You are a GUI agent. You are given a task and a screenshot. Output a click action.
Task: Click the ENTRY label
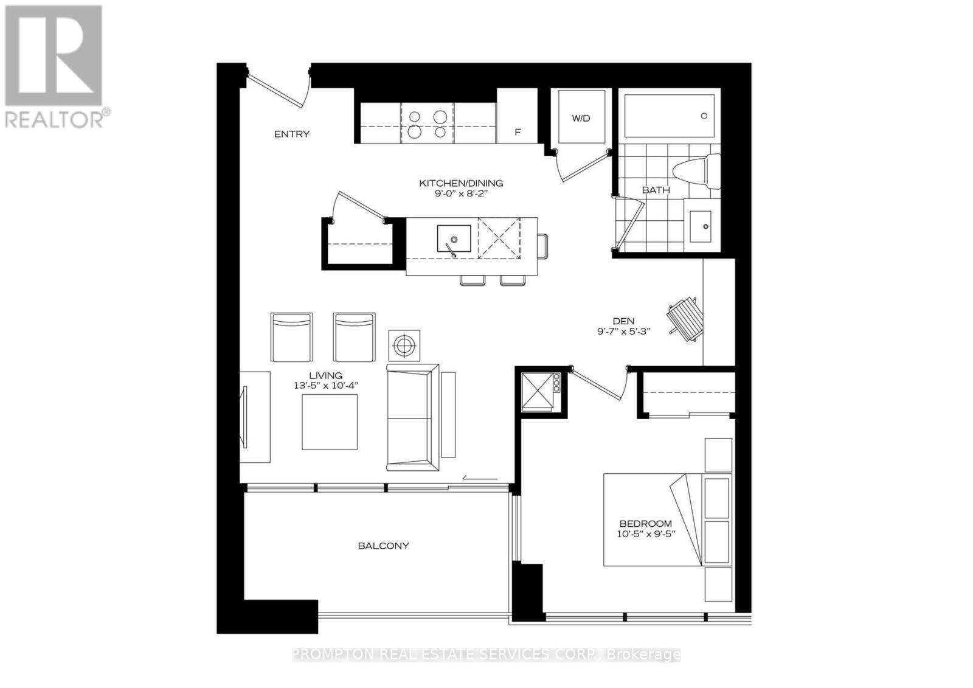[291, 134]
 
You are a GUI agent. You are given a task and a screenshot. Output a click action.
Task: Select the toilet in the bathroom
[697, 171]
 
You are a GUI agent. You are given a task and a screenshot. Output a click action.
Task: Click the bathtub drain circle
[704, 116]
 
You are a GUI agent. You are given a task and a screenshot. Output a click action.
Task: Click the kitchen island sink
[454, 238]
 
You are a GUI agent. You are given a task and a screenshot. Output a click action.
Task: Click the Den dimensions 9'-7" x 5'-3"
[623, 332]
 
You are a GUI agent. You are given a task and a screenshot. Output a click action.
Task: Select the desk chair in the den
[684, 316]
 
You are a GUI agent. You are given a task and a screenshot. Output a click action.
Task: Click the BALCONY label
[383, 546]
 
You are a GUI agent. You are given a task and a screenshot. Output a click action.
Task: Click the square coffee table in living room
[330, 422]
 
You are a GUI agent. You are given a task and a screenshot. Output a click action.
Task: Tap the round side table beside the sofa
[404, 346]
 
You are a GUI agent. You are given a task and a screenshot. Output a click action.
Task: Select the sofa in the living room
[412, 417]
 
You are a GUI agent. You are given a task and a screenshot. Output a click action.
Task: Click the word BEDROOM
[645, 523]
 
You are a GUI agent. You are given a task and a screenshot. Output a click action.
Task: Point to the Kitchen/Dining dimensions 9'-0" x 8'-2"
[460, 193]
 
